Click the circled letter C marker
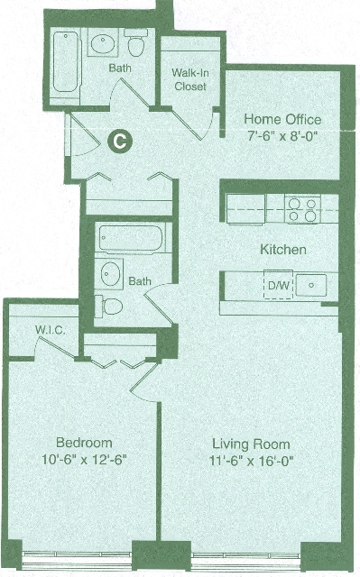118,140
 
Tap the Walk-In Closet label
189,79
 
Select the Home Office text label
282,119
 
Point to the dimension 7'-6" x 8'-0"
282,136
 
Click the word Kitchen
283,249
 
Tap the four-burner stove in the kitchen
302,209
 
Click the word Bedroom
84,443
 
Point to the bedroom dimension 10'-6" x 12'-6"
84,459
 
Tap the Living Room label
251,444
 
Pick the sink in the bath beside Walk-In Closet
102,42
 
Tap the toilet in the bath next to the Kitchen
110,305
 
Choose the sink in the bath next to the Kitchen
112,272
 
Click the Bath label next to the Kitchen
140,281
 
